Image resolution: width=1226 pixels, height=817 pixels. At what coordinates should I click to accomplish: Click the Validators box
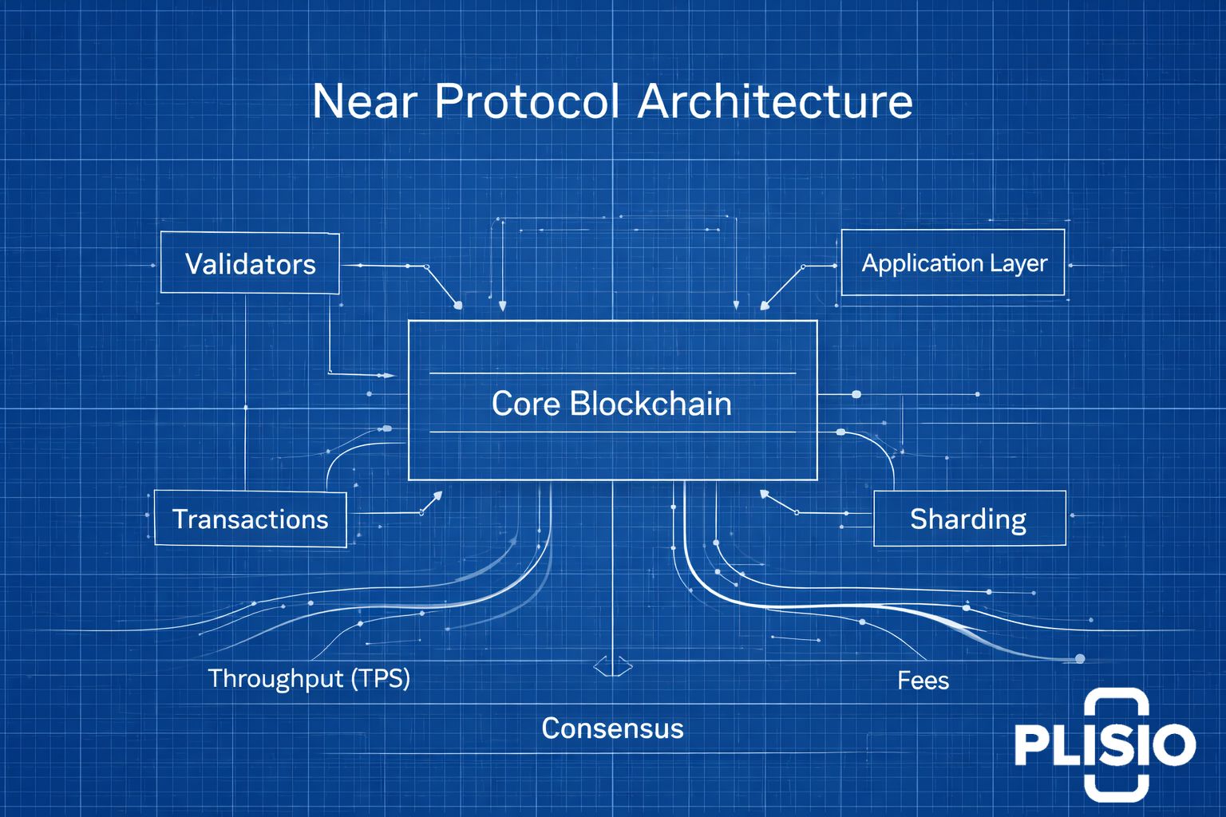250,262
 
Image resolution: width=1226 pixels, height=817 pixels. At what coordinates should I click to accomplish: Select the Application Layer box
953,262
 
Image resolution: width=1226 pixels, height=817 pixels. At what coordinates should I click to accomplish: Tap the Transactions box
250,519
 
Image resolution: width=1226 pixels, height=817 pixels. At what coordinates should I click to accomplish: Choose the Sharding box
969,519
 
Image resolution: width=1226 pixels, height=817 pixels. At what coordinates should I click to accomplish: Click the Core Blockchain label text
611,404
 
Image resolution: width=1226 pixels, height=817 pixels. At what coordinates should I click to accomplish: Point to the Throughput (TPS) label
309,679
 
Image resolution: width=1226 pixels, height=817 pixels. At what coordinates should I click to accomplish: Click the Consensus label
612,728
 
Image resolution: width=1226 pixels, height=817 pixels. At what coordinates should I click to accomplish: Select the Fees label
923,681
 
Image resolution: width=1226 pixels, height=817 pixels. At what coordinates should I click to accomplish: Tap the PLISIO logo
1105,744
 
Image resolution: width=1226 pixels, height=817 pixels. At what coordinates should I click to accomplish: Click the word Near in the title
365,102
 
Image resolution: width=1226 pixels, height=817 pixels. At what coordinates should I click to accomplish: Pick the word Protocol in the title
527,101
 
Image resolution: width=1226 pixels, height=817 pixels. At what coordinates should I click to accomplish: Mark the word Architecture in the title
775,101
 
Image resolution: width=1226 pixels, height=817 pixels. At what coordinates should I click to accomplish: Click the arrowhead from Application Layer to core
765,306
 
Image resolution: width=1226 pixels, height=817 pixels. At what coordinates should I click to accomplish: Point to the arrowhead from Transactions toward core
437,495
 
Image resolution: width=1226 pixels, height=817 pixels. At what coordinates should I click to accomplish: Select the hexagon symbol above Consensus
613,666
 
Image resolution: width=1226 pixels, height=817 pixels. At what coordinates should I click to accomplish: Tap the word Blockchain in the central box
651,404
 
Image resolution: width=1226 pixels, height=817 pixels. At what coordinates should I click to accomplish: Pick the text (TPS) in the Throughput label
381,679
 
